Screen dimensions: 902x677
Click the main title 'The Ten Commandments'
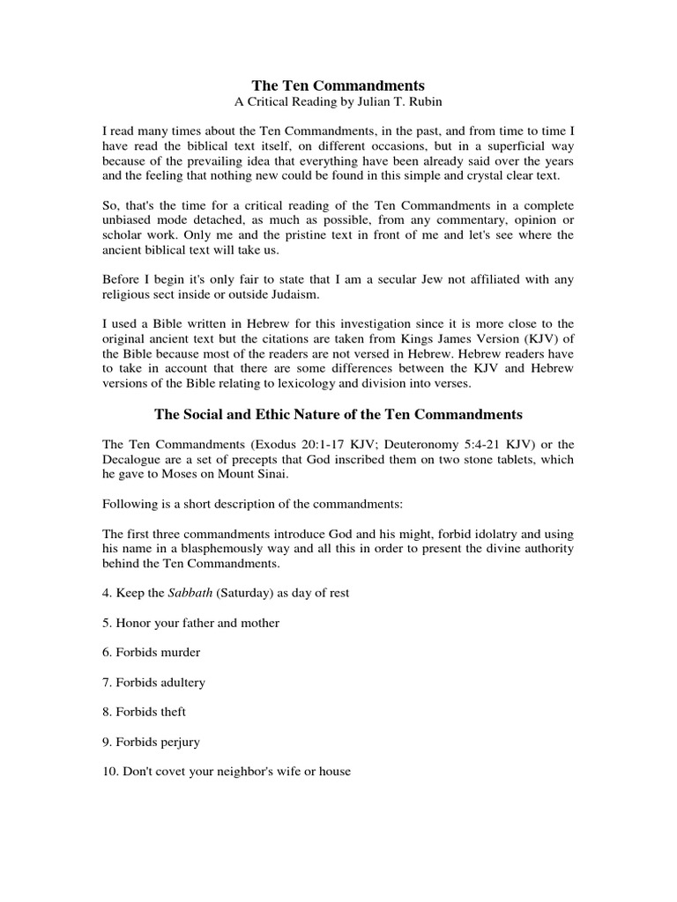[x=338, y=85]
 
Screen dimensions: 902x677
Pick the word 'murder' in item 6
[x=181, y=653]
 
